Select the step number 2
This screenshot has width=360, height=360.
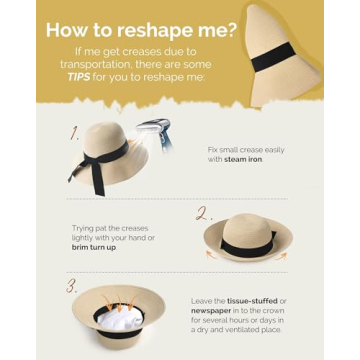(x=203, y=213)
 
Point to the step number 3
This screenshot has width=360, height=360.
(x=72, y=285)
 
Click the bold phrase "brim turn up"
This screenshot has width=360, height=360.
(x=93, y=246)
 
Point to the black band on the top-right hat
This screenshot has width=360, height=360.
(x=272, y=58)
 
